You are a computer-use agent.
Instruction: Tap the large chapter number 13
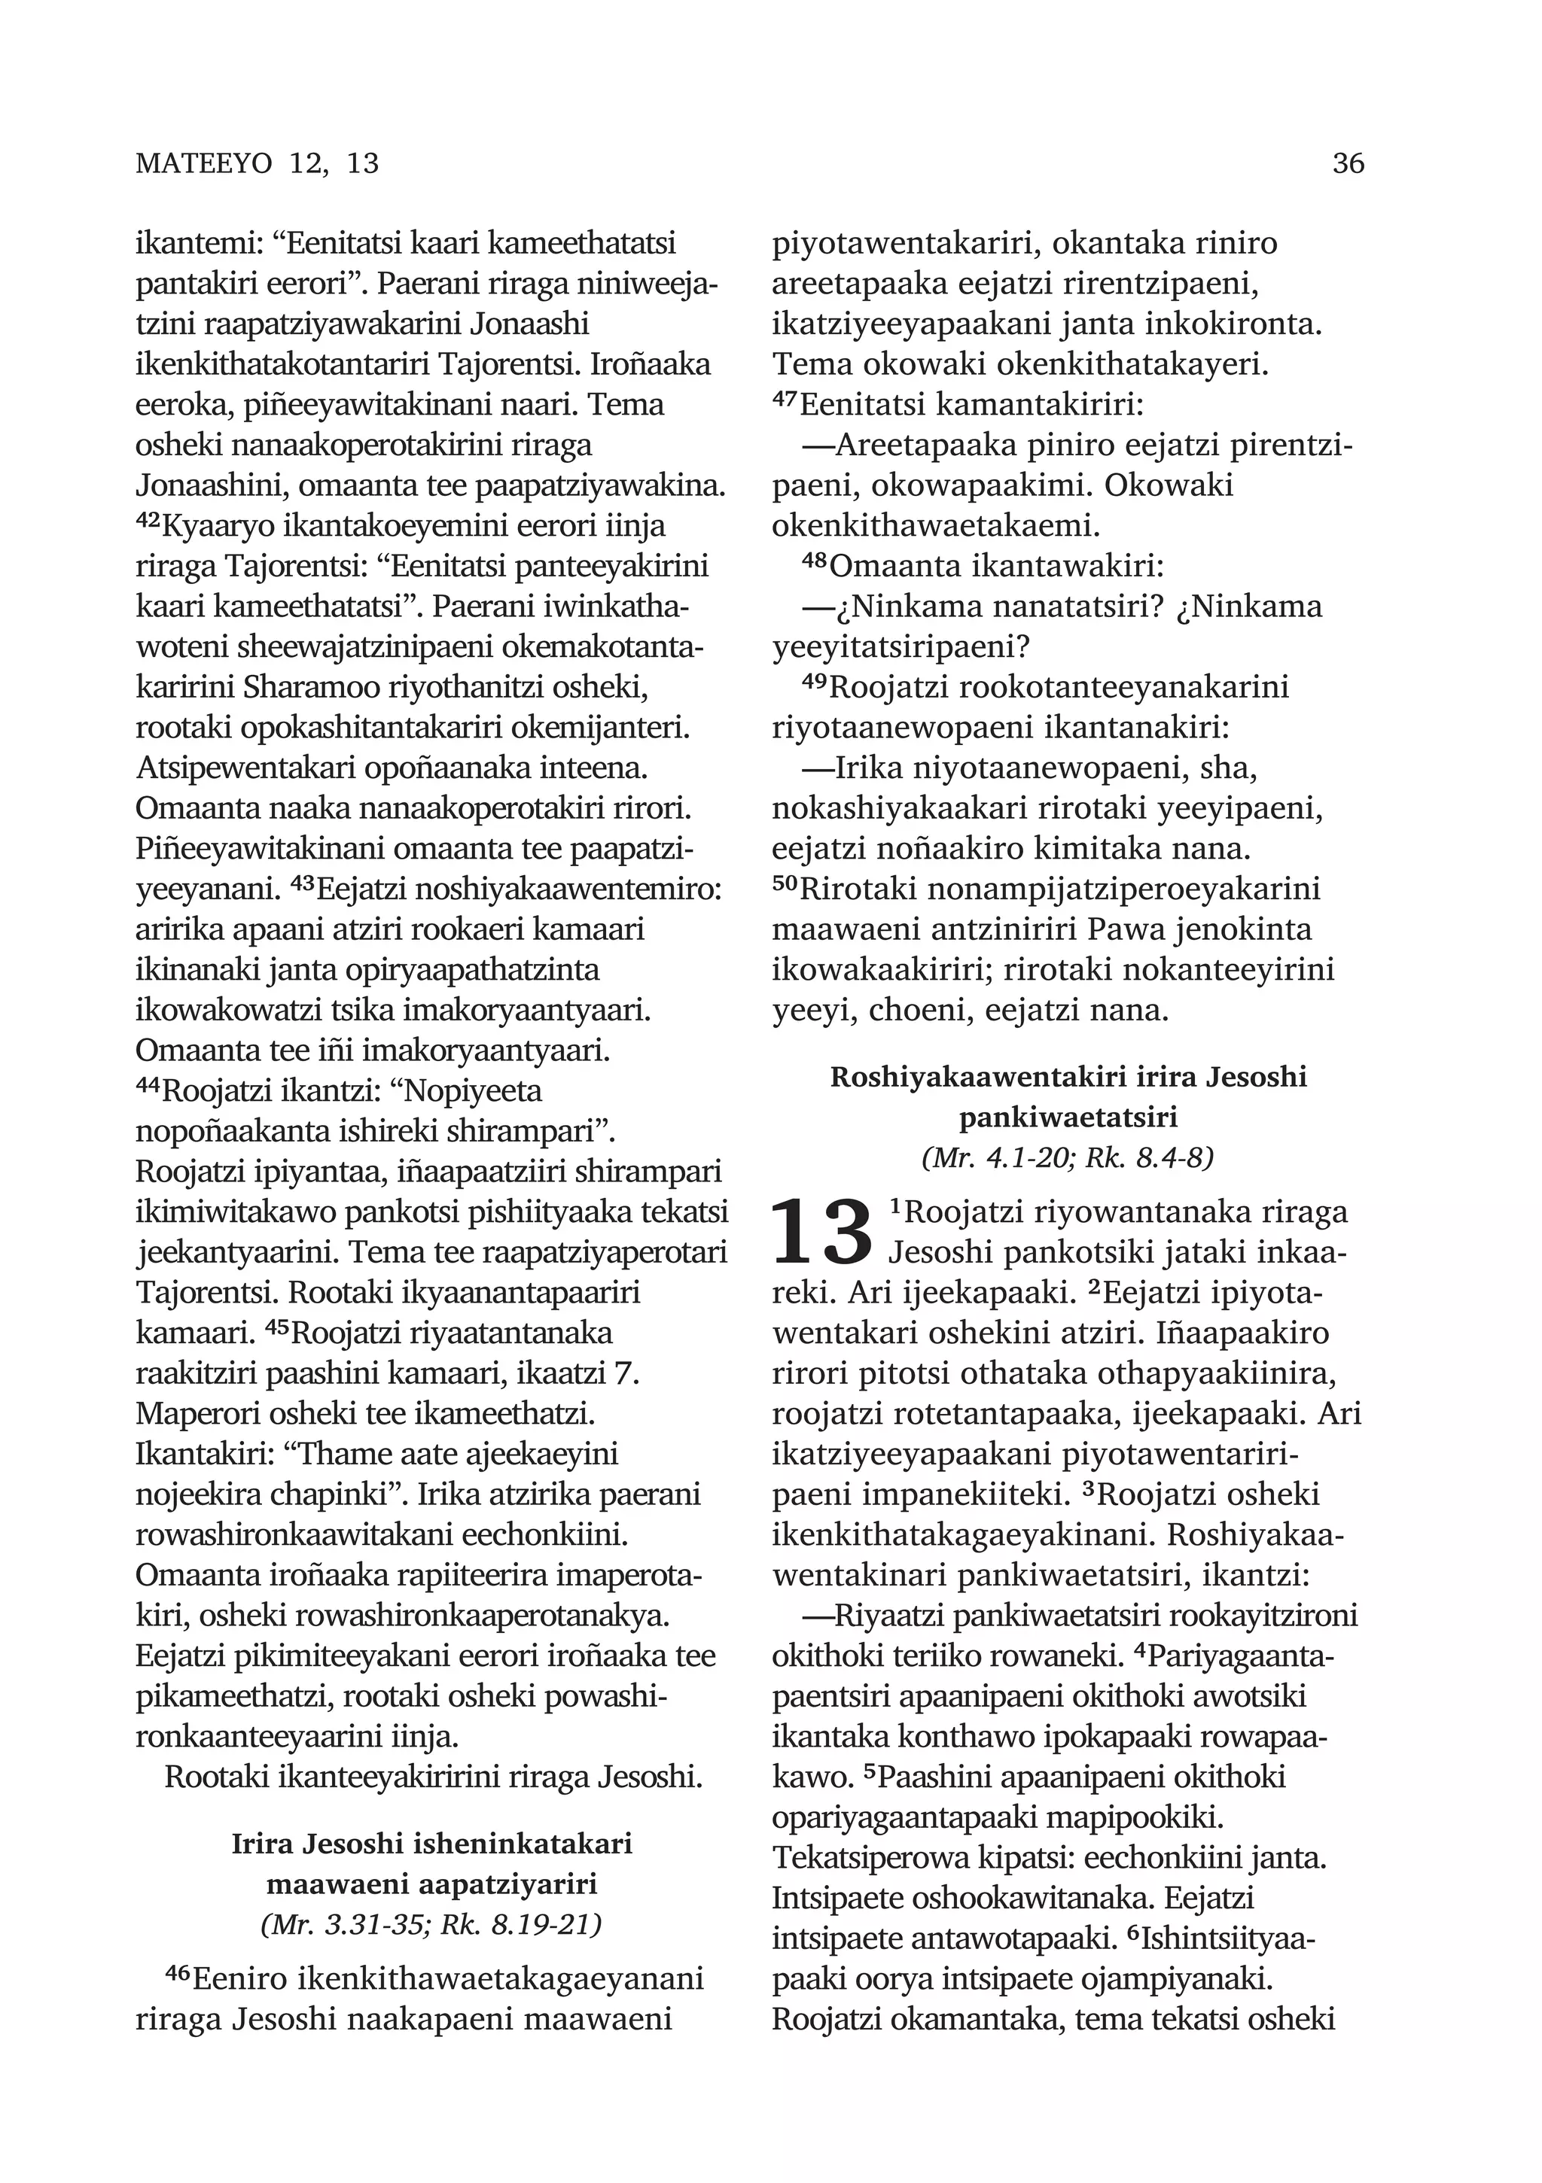[x=821, y=1233]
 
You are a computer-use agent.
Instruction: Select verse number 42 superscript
[x=148, y=521]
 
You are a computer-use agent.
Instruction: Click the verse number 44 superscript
[x=148, y=1087]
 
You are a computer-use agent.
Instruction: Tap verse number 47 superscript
[x=785, y=400]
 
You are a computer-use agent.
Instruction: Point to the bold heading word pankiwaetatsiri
[x=1068, y=1117]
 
